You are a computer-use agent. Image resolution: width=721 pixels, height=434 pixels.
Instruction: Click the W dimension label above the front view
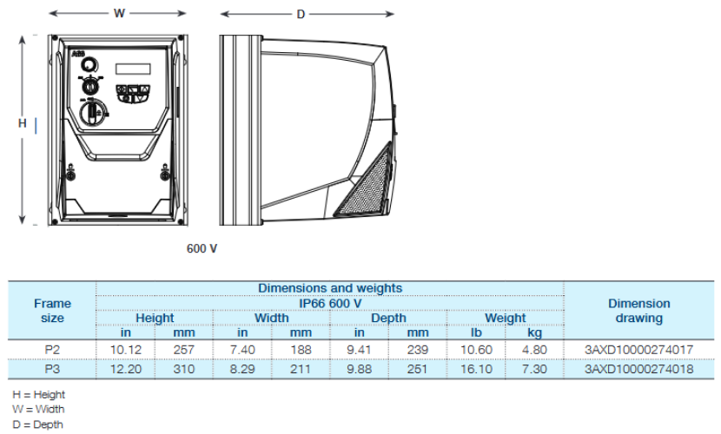[119, 13]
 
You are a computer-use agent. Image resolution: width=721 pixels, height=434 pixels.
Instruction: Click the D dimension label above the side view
[301, 14]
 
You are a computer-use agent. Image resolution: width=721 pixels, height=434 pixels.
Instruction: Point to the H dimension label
[22, 123]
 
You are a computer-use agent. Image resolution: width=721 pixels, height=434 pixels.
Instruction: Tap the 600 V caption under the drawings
[202, 248]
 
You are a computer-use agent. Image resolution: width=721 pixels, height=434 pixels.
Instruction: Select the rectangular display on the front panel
[133, 69]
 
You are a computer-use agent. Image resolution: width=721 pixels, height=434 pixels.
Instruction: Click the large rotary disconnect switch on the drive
[93, 112]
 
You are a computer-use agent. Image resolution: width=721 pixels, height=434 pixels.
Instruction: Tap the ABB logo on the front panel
[78, 54]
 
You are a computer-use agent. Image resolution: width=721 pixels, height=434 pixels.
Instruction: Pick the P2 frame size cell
[52, 350]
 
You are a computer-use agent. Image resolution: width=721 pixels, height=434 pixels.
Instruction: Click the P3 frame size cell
[52, 369]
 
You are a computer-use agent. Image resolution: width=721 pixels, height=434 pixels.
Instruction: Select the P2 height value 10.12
[126, 350]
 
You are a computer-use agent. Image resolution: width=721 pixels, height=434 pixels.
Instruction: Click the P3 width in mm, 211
[301, 369]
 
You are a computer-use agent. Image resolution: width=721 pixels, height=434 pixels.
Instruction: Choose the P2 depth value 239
[418, 350]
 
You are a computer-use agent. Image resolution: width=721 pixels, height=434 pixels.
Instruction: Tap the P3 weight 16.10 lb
[476, 369]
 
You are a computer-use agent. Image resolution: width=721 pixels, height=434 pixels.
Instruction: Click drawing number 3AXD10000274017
[638, 350]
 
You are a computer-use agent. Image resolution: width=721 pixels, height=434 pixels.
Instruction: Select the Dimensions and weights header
[330, 288]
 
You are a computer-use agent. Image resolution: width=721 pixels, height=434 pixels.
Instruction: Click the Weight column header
[506, 318]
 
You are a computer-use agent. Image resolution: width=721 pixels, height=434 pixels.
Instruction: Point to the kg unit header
[534, 332]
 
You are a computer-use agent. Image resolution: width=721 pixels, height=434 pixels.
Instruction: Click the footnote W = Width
[38, 409]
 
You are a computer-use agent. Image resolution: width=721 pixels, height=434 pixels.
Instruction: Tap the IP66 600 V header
[330, 303]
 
